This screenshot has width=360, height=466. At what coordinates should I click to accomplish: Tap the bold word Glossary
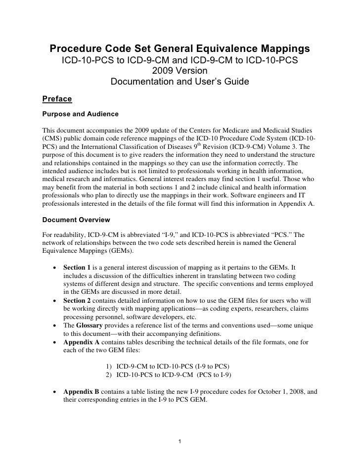pos(91,326)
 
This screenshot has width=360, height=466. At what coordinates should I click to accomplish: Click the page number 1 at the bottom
pos(180,442)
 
